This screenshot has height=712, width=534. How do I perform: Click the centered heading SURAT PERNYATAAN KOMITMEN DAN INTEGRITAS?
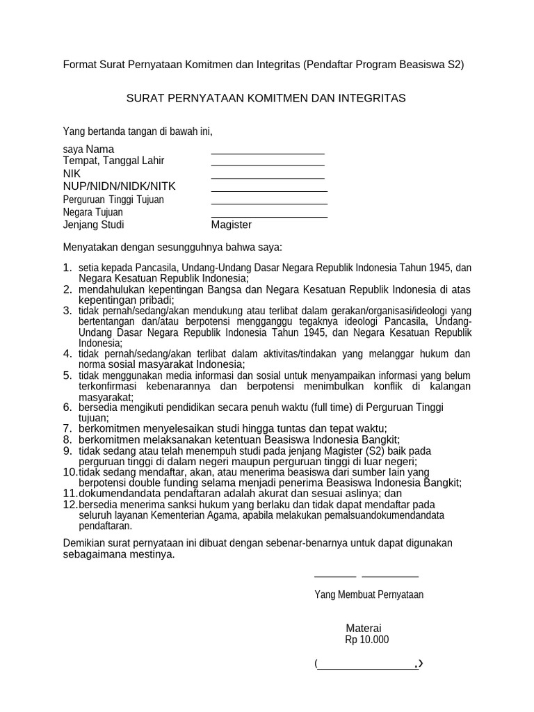tap(266, 98)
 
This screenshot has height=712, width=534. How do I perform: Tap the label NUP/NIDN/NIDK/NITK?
tap(119, 186)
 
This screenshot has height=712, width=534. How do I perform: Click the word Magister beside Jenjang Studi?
tap(232, 225)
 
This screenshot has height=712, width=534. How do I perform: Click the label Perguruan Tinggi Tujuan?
tap(113, 200)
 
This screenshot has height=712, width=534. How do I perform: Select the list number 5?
tap(67, 375)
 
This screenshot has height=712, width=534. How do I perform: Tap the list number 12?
tap(70, 504)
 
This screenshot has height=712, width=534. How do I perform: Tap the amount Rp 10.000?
tap(366, 640)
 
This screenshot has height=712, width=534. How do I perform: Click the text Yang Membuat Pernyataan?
tap(369, 594)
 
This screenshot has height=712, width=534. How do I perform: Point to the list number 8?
tap(67, 439)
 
